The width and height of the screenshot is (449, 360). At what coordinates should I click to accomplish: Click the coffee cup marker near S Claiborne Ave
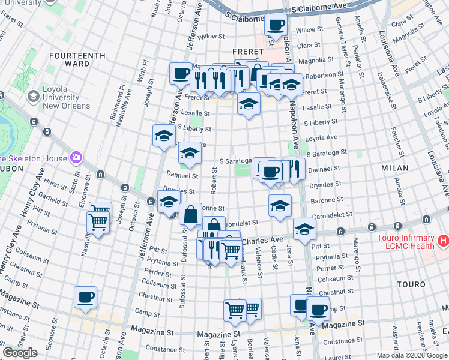point(276,25)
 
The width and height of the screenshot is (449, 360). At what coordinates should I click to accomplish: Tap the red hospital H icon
point(443,241)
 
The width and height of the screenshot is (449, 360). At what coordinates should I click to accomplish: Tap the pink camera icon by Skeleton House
point(76,158)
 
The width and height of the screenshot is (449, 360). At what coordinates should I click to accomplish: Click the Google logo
point(20,353)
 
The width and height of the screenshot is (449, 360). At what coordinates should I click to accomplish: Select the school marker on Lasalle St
point(249,104)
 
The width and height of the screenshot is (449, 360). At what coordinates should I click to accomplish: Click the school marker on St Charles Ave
point(304,229)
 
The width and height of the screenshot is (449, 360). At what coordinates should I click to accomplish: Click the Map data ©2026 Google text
point(412,355)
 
